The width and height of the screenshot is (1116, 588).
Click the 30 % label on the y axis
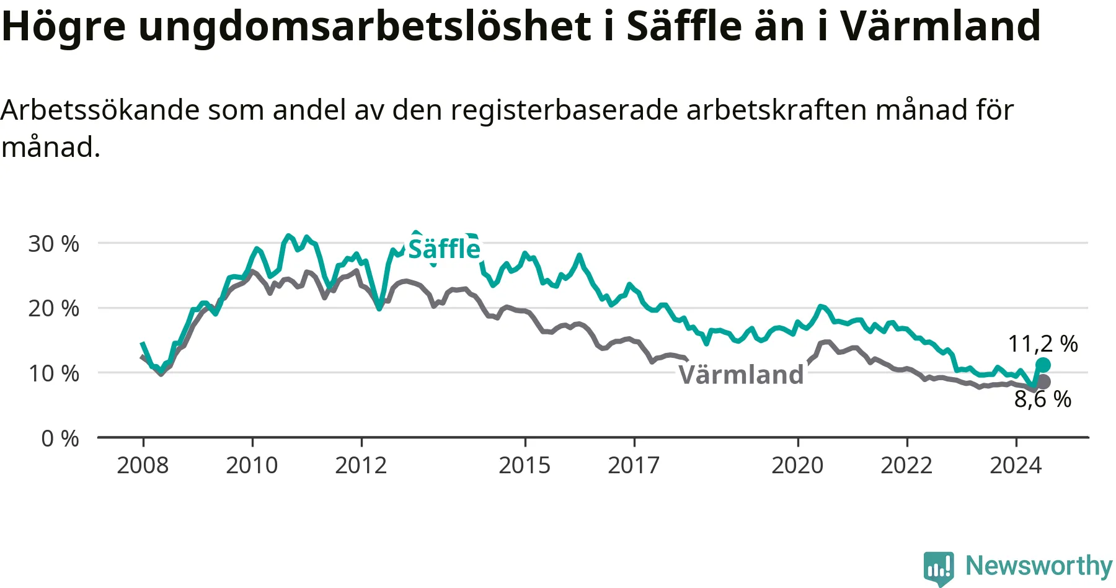(x=53, y=244)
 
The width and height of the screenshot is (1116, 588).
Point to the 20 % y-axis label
(x=53, y=308)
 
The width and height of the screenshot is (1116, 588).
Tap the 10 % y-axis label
(x=53, y=373)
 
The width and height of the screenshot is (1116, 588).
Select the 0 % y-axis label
(x=60, y=439)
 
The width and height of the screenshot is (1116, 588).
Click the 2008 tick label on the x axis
(x=143, y=465)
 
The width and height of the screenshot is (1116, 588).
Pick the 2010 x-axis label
(x=252, y=465)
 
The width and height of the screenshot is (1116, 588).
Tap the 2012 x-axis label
(x=361, y=465)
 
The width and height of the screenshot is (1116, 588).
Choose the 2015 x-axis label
(x=525, y=465)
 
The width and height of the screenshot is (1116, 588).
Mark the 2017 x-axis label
(x=634, y=465)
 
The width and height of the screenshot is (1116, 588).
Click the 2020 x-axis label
(x=797, y=465)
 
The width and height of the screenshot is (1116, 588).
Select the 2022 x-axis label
(x=906, y=465)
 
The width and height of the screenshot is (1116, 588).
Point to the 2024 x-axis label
(x=1016, y=465)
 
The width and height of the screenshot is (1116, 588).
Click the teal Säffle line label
(x=444, y=249)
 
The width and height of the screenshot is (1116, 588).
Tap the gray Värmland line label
(x=741, y=375)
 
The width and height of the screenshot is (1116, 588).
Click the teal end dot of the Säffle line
(x=1043, y=365)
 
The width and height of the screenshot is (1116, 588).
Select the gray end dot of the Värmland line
(x=1043, y=381)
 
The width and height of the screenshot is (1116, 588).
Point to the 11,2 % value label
(x=1043, y=344)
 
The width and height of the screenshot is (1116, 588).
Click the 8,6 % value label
(x=1043, y=399)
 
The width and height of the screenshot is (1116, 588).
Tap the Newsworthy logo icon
(x=939, y=568)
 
